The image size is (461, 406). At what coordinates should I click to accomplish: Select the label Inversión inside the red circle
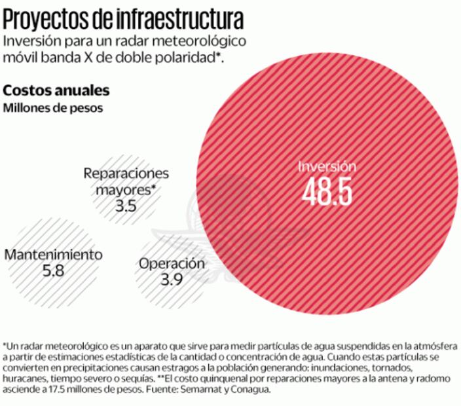[x=327, y=166]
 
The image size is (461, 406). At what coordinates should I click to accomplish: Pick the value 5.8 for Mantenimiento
[x=53, y=270]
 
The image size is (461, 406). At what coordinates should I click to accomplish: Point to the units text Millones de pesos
[x=53, y=108]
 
